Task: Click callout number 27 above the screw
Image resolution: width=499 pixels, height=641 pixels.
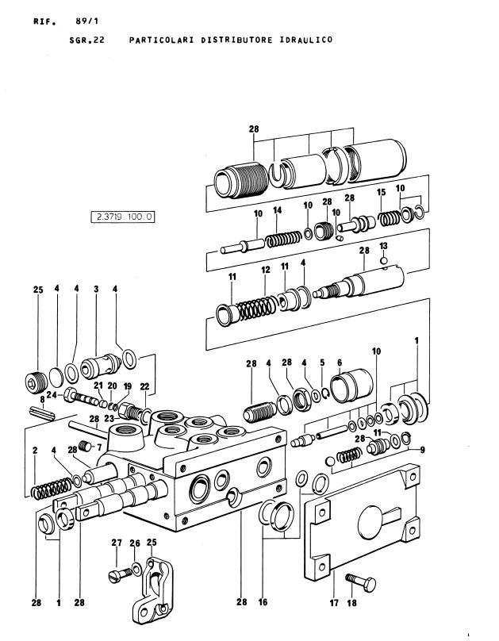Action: coord(116,543)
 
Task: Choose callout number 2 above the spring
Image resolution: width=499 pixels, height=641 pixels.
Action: coord(36,451)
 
